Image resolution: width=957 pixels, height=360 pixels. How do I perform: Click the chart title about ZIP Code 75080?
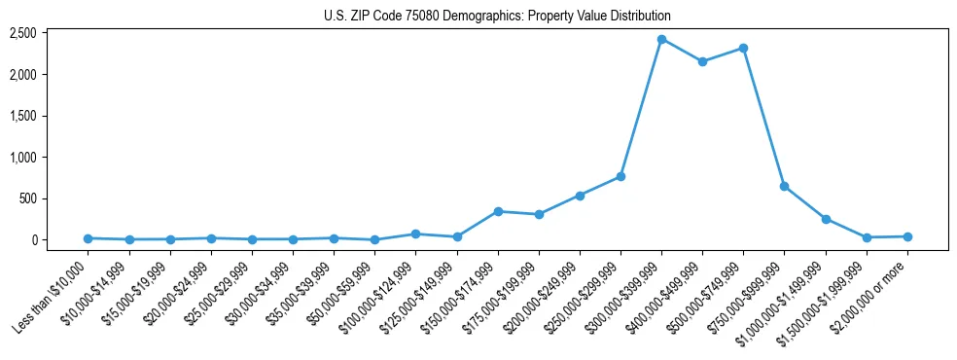click(x=497, y=17)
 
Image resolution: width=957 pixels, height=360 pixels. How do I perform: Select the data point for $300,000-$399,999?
click(x=661, y=40)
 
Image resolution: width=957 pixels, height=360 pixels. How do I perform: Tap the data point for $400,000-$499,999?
click(x=702, y=62)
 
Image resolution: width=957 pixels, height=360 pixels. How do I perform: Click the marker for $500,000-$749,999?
click(x=743, y=48)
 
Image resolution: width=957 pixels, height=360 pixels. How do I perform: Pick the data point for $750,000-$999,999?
click(x=784, y=186)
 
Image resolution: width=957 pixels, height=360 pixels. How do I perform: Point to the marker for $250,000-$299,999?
click(x=620, y=176)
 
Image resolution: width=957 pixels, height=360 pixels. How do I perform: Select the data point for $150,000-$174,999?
click(x=498, y=211)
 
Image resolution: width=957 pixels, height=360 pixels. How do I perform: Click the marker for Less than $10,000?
click(x=88, y=238)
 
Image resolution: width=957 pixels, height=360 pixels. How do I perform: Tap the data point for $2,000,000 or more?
click(x=907, y=236)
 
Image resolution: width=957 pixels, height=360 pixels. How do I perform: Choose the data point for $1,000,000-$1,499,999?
click(x=826, y=219)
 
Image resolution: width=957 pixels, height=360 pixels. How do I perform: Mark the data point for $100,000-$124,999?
click(x=415, y=234)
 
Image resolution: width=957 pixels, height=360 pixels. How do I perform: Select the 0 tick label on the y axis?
click(x=59, y=240)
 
